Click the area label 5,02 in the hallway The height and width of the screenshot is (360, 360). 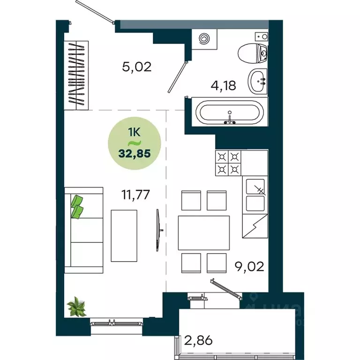click(136, 67)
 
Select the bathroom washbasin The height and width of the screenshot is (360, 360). click(257, 81)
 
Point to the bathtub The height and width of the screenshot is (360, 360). click(230, 112)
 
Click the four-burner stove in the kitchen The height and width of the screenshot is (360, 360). click(229, 163)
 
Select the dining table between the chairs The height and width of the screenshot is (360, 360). click(204, 232)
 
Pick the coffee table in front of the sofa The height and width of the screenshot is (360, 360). click(124, 235)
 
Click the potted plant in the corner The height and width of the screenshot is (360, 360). click(76, 307)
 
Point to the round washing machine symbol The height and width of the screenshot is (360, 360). click(205, 39)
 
